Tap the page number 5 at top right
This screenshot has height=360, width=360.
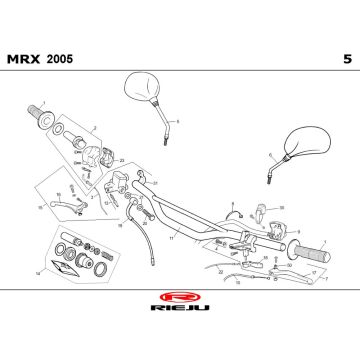[346, 59]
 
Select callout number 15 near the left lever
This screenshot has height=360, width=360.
[39, 208]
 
